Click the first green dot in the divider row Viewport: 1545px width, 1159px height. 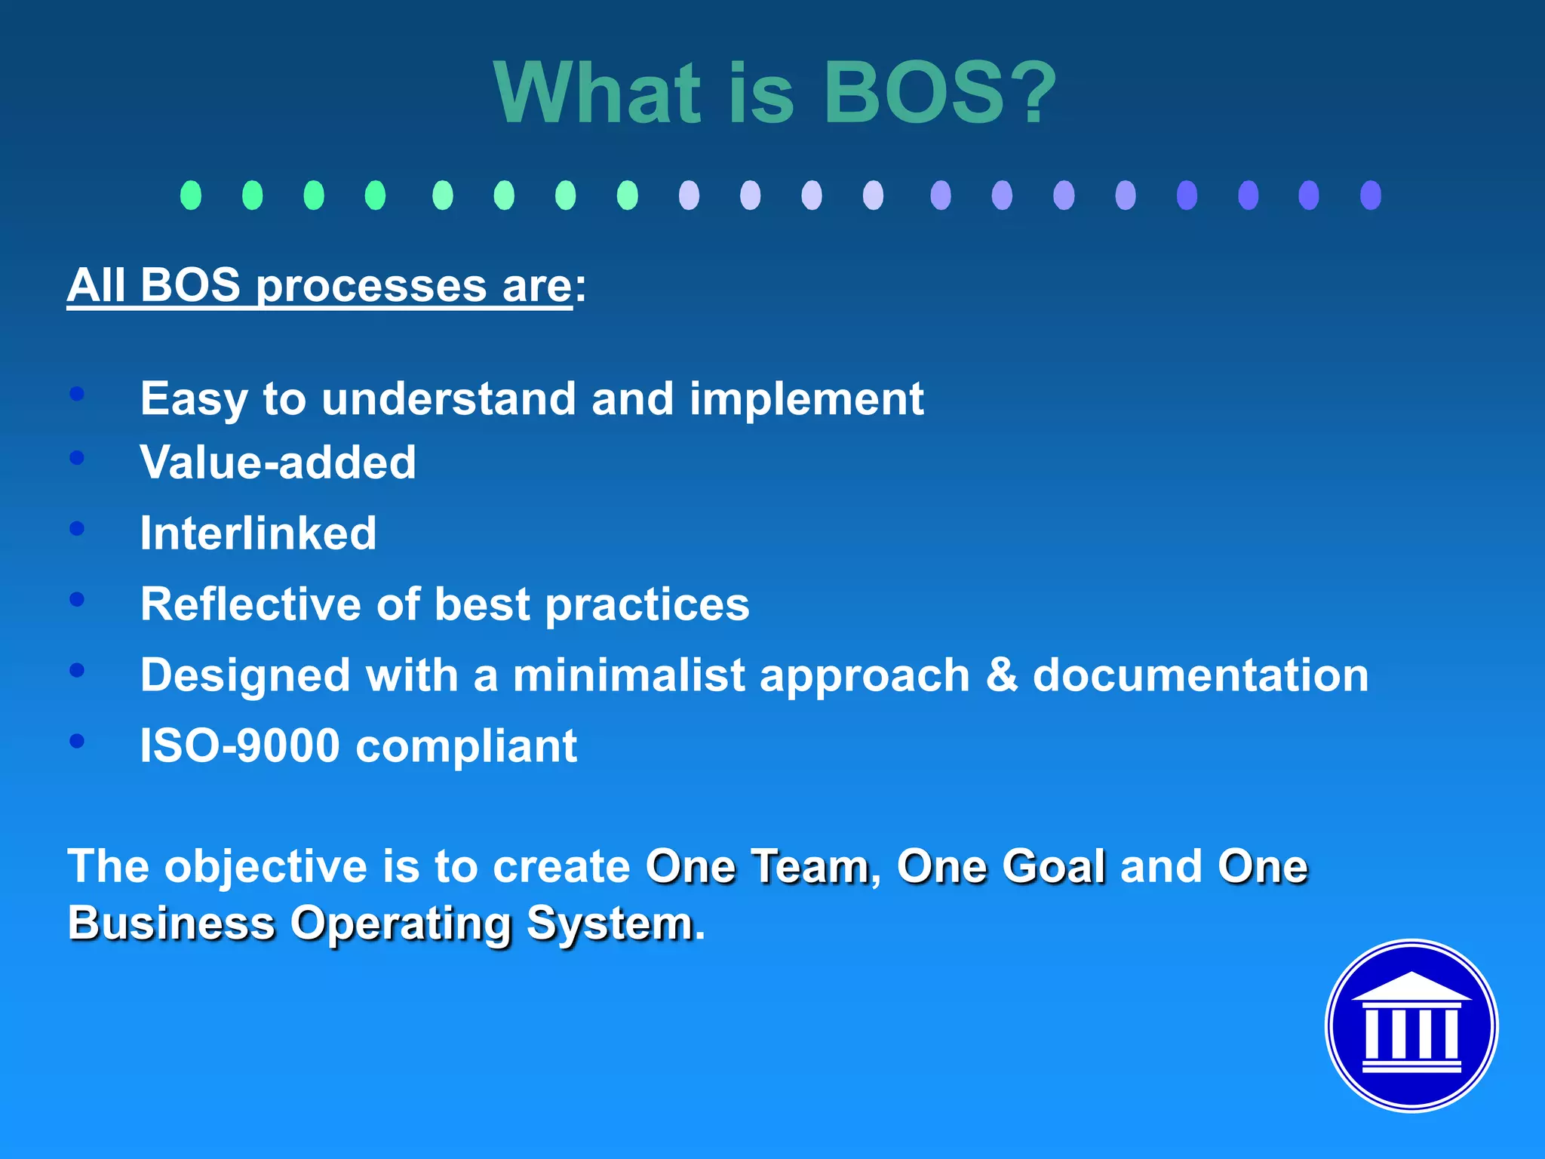(x=191, y=195)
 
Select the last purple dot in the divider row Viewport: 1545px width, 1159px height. (x=1370, y=195)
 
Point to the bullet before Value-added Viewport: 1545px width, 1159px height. (x=77, y=457)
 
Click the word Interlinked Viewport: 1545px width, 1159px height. (x=258, y=533)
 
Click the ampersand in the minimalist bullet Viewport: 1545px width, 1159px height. (x=1001, y=675)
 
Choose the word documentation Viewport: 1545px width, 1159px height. (x=1199, y=675)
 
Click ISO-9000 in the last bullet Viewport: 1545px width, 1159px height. (x=240, y=746)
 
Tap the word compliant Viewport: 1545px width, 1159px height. (x=465, y=747)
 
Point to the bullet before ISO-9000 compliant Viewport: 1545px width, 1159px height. (x=77, y=741)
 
